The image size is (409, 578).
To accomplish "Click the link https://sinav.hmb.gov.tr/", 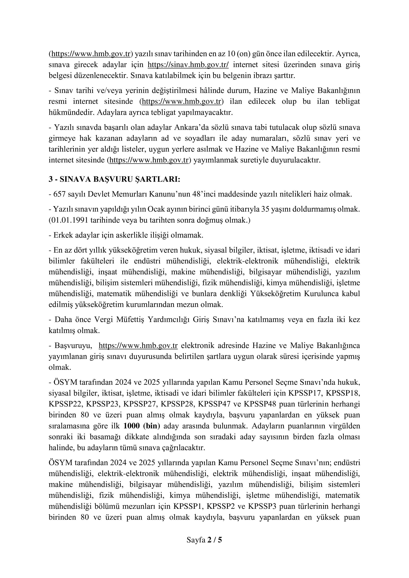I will click(188, 65).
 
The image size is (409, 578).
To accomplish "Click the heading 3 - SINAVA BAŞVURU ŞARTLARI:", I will click(114, 179).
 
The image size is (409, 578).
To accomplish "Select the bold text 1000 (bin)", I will click(142, 426).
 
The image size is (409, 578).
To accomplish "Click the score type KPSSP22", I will click(65, 404).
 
